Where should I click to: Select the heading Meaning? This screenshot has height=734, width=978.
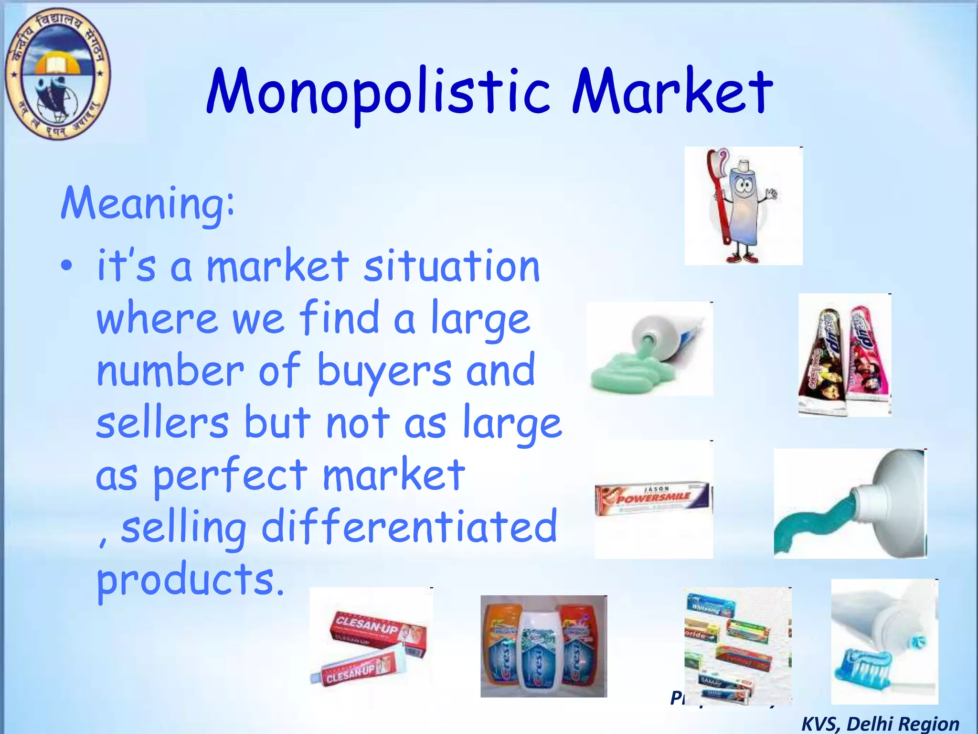tap(148, 204)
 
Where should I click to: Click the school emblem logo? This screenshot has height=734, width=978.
tap(57, 74)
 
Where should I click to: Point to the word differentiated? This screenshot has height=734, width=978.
tap(409, 527)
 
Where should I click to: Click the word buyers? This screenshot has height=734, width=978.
tap(384, 370)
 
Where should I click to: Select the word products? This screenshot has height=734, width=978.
tap(190, 579)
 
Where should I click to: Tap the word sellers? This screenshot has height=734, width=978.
tap(162, 422)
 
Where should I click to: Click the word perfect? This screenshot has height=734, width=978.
tap(230, 475)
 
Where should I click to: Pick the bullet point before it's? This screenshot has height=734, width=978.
tap(67, 266)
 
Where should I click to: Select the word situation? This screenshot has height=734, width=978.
tap(451, 266)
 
